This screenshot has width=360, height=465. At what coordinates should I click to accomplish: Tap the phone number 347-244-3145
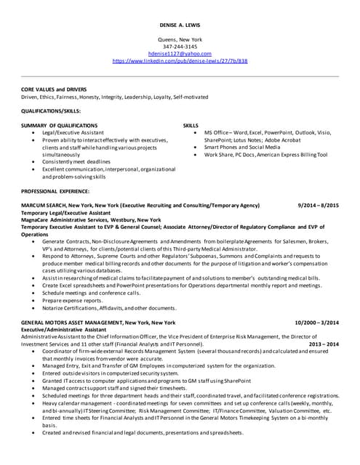tap(179, 46)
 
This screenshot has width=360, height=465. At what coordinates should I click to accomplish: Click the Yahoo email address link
tap(179, 54)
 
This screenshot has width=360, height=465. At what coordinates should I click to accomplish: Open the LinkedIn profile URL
tap(180, 61)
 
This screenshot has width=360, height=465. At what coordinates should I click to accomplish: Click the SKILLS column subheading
tap(191, 126)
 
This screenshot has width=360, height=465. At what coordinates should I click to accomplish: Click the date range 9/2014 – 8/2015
tap(319, 206)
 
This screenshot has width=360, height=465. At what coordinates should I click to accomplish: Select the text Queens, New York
tap(179, 39)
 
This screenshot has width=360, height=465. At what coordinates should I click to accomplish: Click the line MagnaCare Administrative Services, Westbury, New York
tap(91, 219)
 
